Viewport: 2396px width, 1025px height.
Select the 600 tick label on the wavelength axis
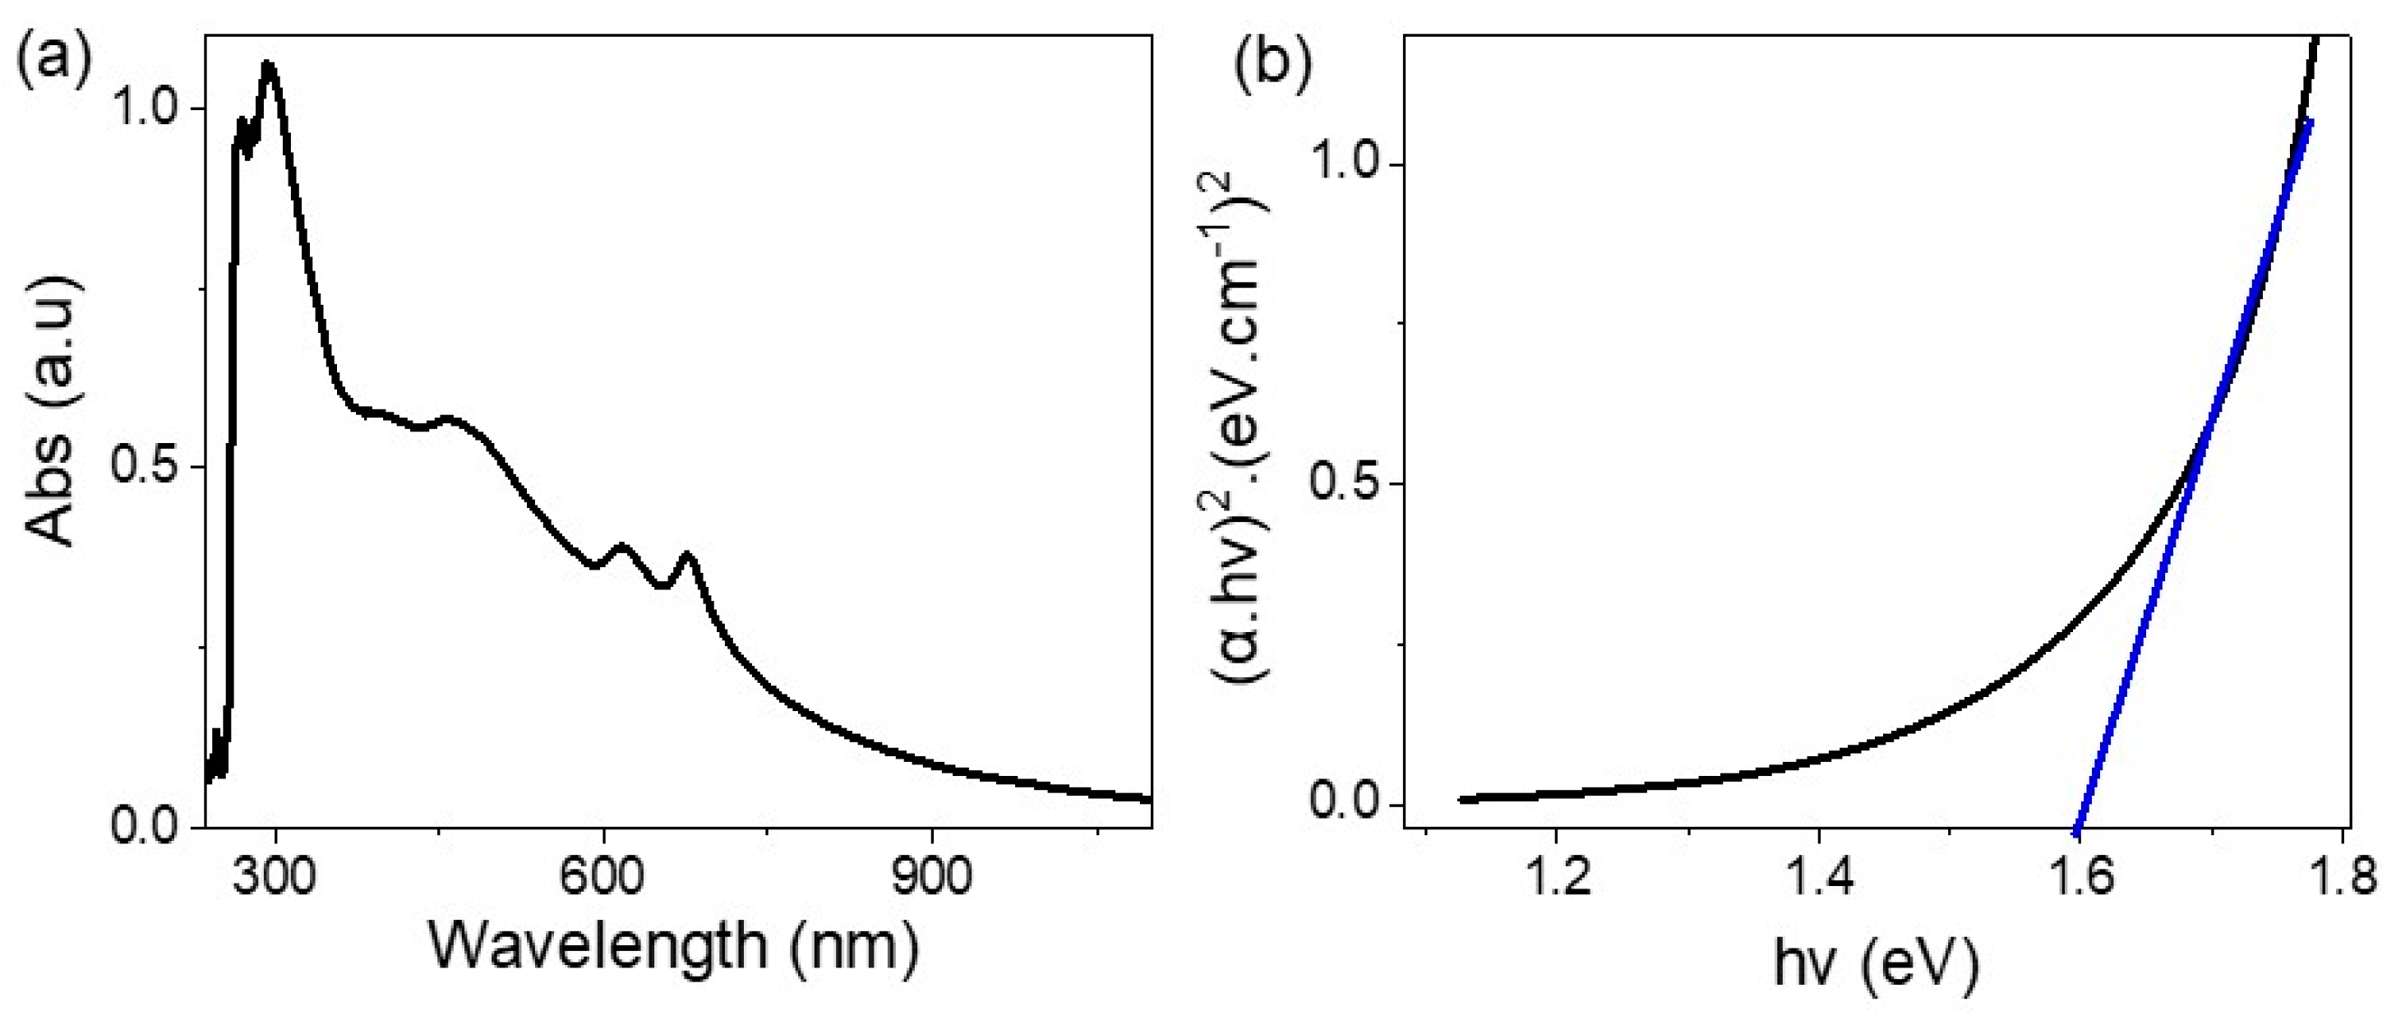tap(603, 876)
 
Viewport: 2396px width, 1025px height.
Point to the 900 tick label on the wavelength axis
tap(932, 876)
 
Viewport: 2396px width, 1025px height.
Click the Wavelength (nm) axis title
tap(674, 947)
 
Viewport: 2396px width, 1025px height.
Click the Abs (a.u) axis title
tap(51, 409)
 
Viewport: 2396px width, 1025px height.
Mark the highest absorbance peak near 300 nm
tap(269, 65)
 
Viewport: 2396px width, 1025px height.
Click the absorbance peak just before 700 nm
tap(688, 556)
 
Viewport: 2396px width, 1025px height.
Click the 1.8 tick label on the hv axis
tap(2346, 876)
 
